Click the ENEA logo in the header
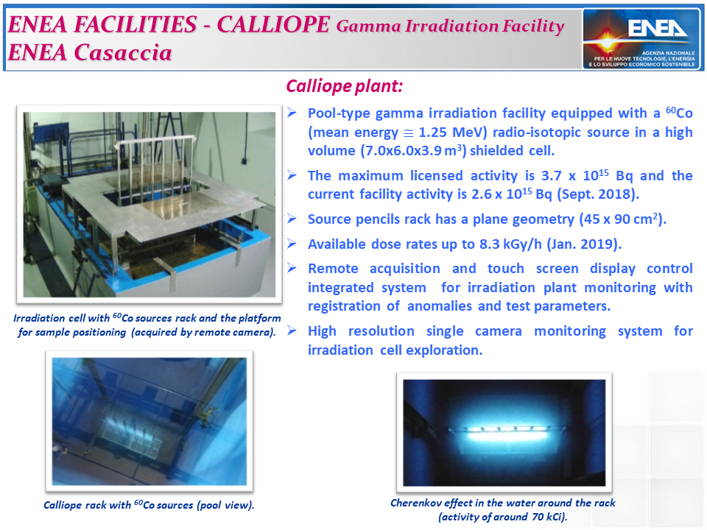[x=641, y=39]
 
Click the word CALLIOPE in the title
[x=273, y=24]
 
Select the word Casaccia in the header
[x=123, y=52]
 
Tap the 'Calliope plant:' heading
[x=345, y=86]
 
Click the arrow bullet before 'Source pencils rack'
[x=292, y=219]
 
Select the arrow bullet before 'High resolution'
[x=292, y=331]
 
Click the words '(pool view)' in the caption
[x=225, y=505]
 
